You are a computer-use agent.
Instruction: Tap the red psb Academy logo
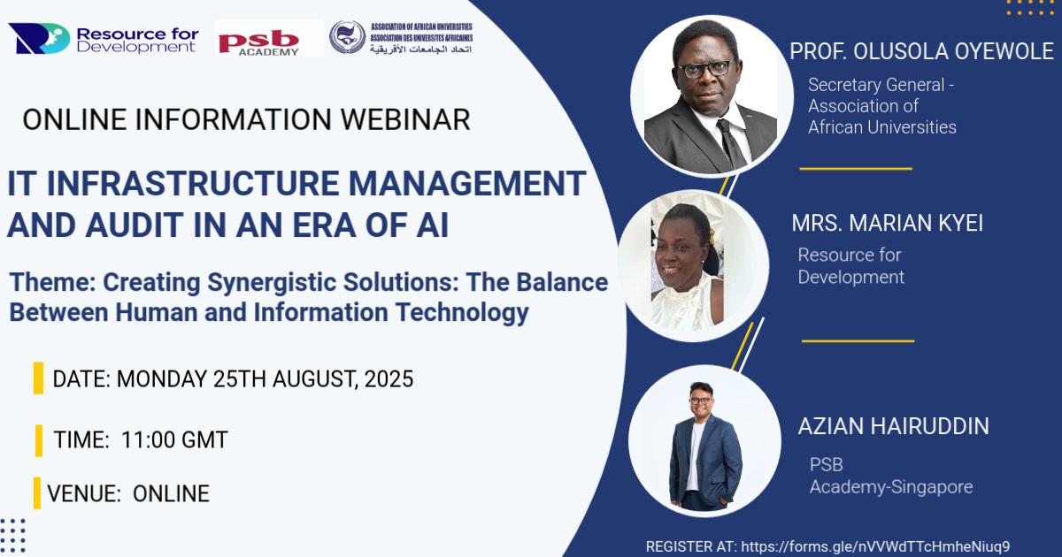(x=269, y=39)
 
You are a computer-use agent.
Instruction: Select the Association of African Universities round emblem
(x=347, y=37)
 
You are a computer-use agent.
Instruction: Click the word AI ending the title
(x=429, y=226)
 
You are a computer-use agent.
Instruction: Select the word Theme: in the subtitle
(x=51, y=283)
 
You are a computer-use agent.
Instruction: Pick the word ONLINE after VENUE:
(x=171, y=493)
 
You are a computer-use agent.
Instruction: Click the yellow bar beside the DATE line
(x=38, y=378)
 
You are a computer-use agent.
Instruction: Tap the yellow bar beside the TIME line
(x=39, y=439)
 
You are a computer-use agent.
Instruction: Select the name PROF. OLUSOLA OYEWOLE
(x=921, y=51)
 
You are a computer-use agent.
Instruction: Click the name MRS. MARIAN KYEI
(x=887, y=224)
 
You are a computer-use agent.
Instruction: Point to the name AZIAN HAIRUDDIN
(x=893, y=426)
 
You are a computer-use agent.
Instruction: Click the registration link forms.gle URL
(x=874, y=546)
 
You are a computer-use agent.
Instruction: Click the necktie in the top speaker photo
(x=731, y=141)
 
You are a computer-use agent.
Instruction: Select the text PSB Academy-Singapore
(x=890, y=476)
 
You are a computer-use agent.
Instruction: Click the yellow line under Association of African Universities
(x=855, y=167)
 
